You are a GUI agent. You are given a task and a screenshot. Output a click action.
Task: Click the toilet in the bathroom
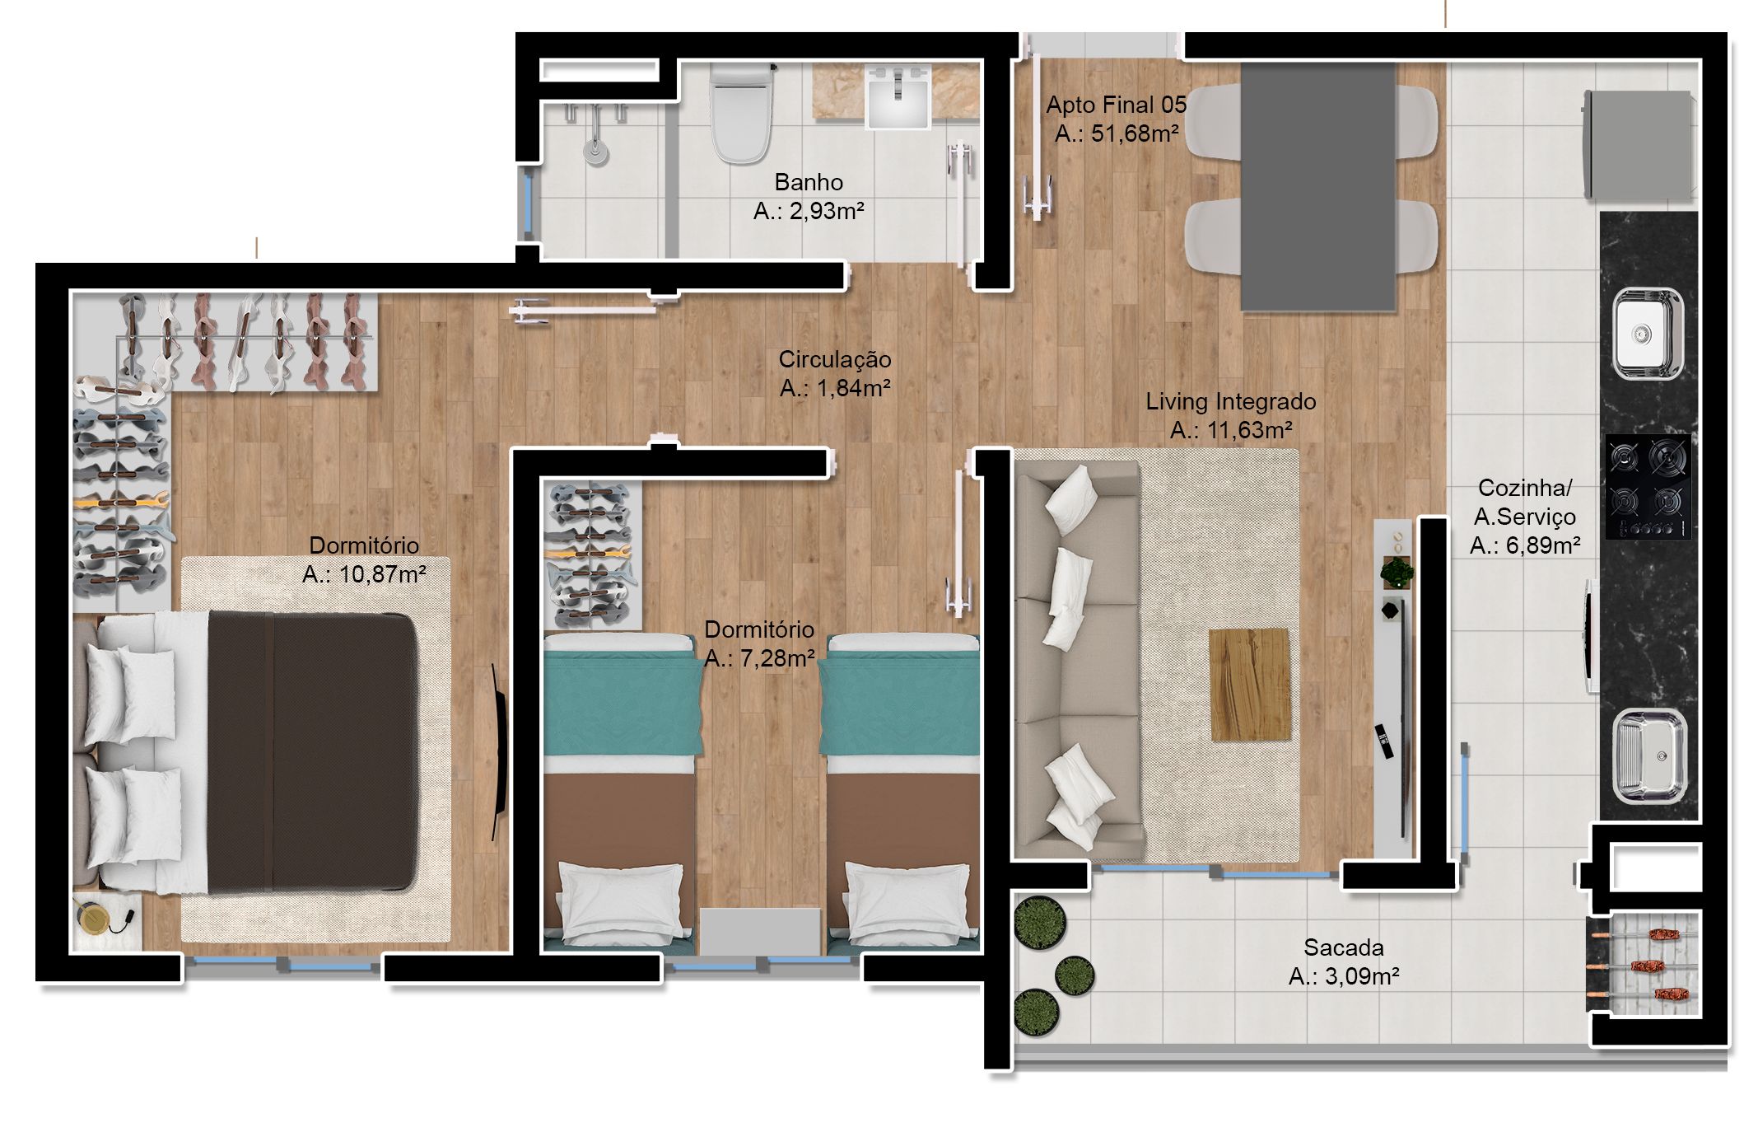click(741, 114)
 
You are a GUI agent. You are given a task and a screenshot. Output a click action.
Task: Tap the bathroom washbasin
click(898, 96)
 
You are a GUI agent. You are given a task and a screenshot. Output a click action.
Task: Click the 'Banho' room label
click(809, 182)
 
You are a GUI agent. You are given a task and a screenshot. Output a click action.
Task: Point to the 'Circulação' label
click(835, 360)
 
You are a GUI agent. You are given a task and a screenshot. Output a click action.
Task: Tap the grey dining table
click(1318, 188)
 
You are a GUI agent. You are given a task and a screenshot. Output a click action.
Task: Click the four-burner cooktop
click(1648, 486)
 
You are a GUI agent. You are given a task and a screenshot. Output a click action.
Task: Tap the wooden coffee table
click(1250, 685)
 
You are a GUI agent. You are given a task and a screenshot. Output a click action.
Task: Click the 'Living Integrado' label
click(1231, 402)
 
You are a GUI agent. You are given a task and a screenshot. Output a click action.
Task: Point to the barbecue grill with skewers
click(1644, 963)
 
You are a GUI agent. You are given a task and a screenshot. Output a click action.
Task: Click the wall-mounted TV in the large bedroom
click(499, 752)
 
